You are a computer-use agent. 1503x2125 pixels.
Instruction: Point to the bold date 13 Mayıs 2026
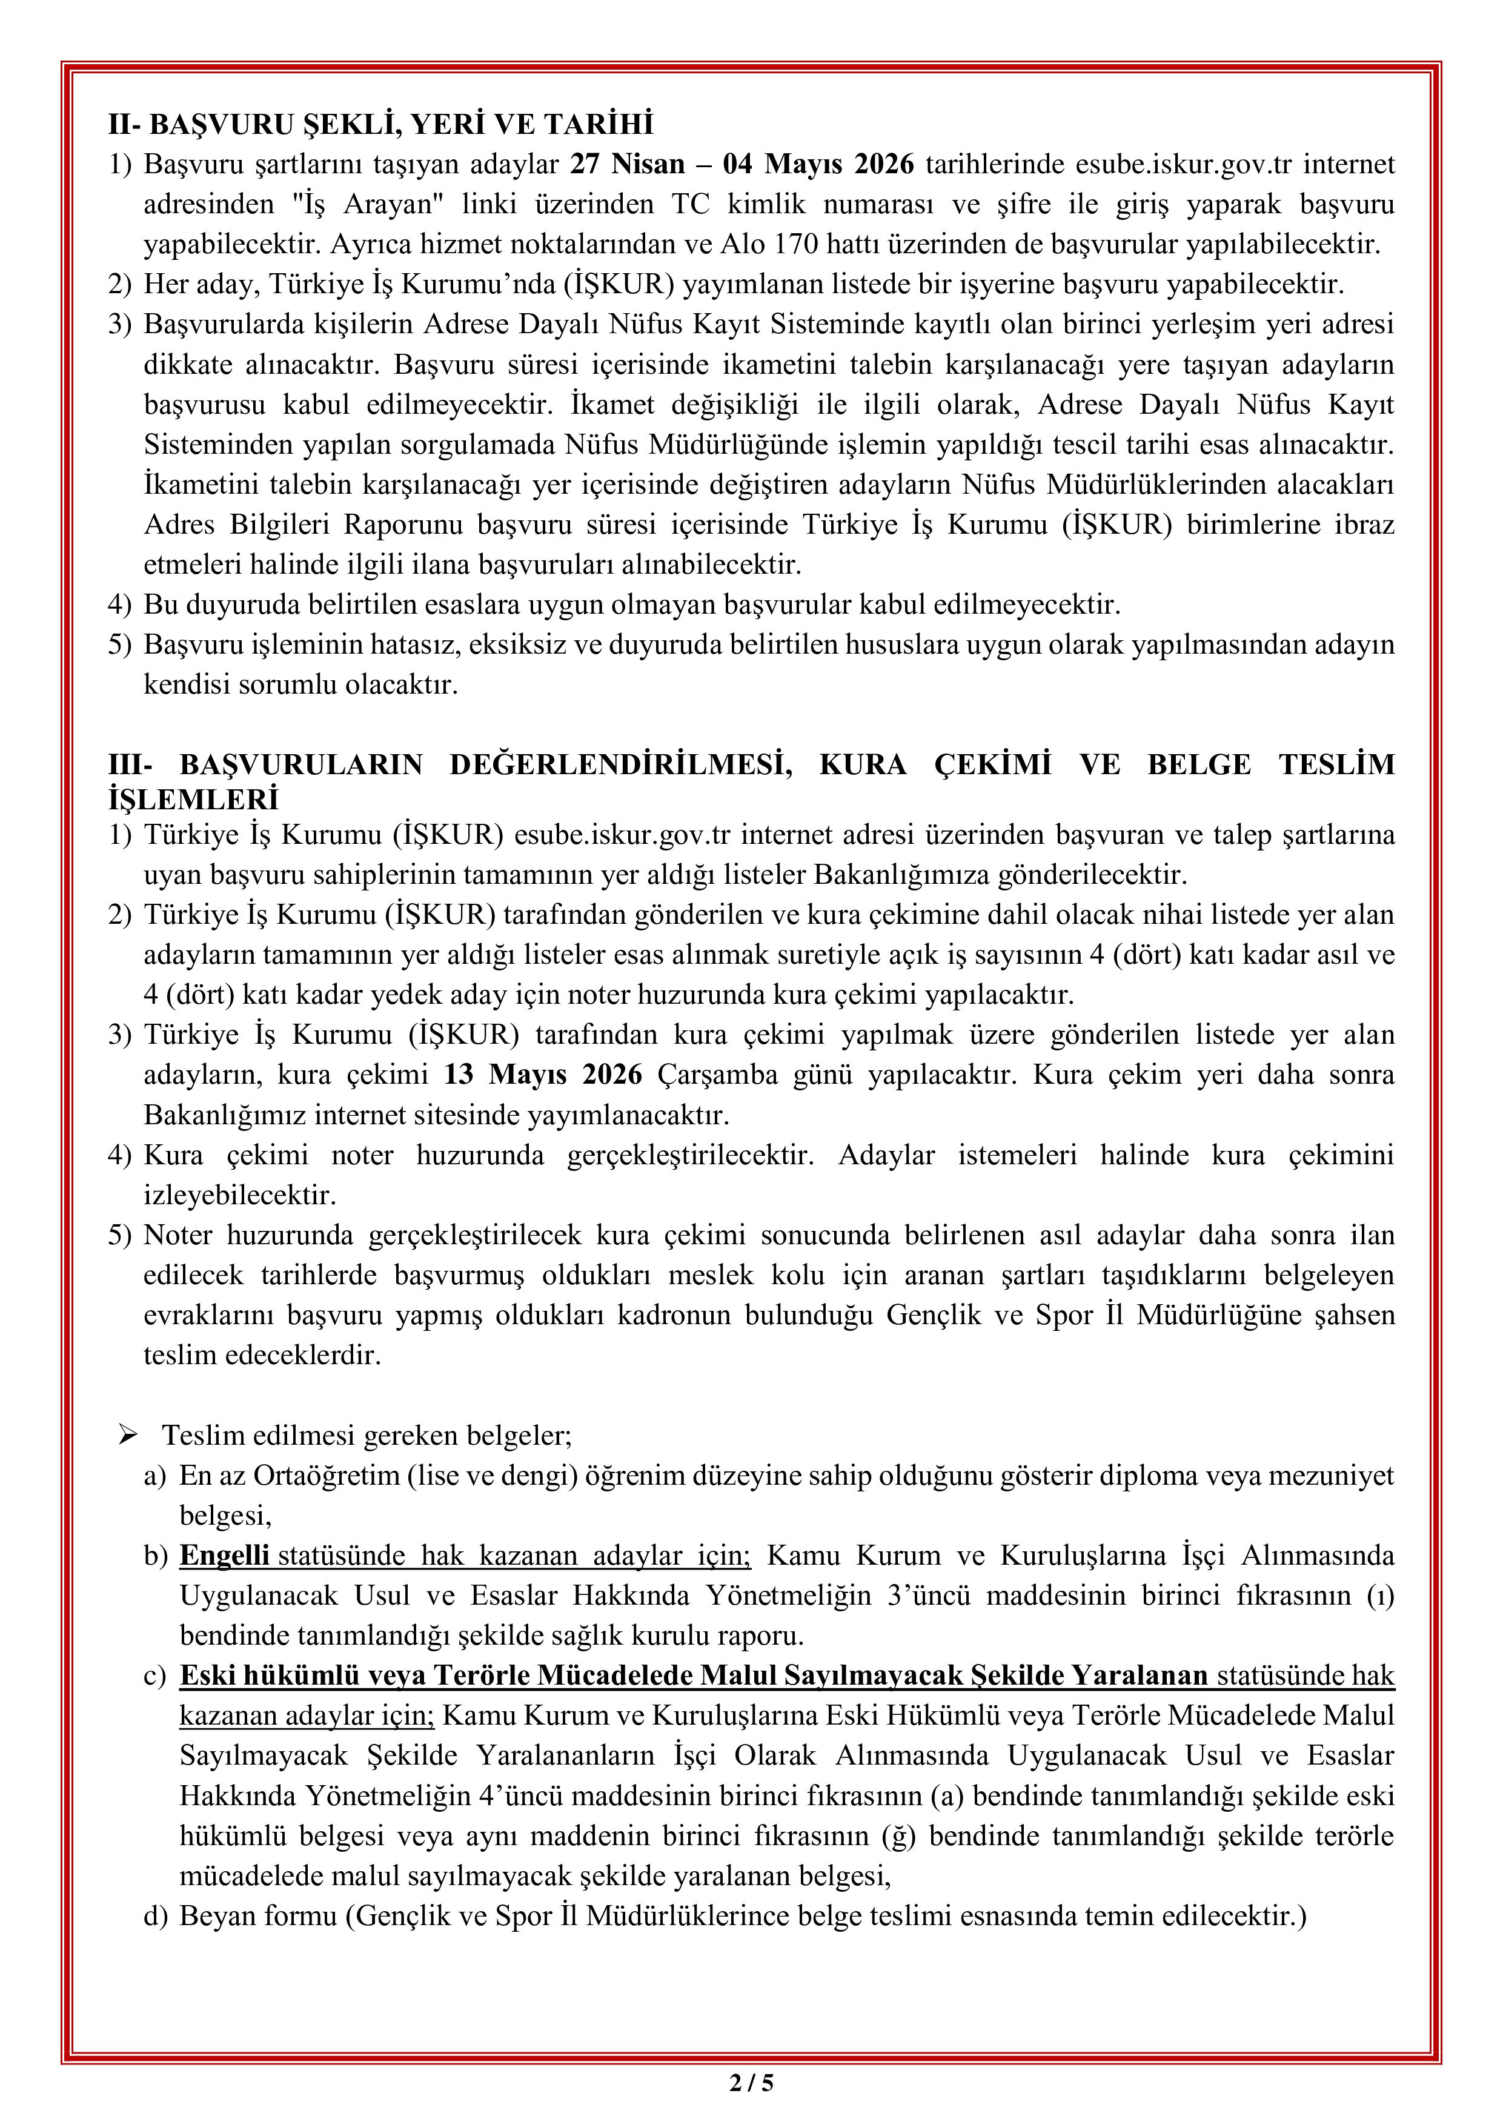542,1075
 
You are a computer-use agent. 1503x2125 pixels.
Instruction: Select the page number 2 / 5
751,2083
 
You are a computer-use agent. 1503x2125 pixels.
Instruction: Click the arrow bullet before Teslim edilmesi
128,1436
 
